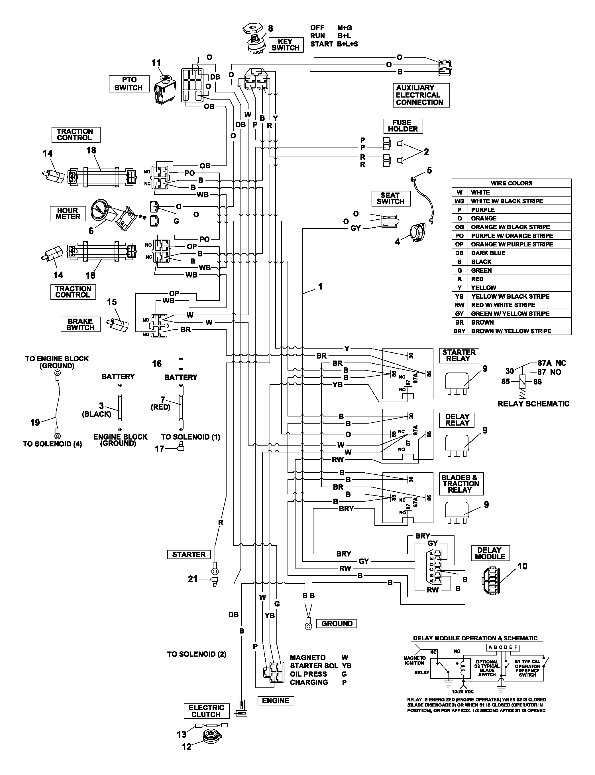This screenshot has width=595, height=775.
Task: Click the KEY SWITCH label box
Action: point(286,45)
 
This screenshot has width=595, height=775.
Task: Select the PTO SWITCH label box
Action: point(129,84)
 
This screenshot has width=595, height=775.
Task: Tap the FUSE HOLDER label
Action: point(403,126)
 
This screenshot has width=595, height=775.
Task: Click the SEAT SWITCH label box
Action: point(391,199)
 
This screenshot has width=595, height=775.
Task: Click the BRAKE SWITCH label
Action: point(80,324)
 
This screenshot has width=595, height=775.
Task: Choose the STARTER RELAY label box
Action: point(459,355)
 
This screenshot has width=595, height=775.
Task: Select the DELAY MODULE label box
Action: point(490,553)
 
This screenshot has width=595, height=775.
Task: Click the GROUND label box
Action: point(337,623)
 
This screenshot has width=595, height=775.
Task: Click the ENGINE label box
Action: point(276,701)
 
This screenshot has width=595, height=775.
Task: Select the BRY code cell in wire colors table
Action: point(459,331)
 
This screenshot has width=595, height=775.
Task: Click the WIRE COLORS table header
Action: point(512,183)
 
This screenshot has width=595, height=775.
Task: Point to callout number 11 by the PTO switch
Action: point(156,63)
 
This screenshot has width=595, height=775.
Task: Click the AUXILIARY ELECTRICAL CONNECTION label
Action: point(421,95)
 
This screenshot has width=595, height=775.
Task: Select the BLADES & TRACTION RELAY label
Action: point(461,483)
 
